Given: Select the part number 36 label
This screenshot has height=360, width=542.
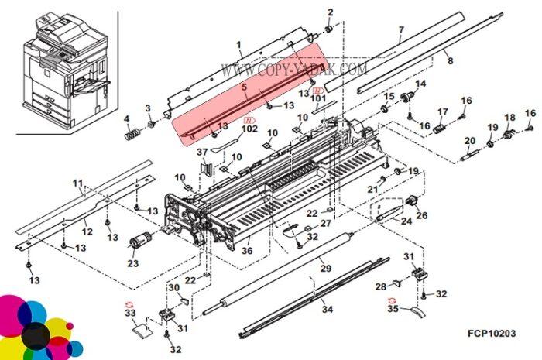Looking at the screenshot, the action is click(247, 250).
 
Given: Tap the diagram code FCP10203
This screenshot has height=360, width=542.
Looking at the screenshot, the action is click(492, 334).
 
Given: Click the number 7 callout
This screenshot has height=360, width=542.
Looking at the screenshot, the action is click(401, 29).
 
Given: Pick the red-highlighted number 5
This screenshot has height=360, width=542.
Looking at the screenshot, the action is click(245, 87).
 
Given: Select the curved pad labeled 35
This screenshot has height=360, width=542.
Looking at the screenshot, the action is click(418, 312).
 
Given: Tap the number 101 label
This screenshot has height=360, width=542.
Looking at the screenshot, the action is click(317, 98).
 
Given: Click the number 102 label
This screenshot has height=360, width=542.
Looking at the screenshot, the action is click(249, 129).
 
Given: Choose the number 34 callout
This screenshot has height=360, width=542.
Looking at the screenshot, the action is click(327, 309).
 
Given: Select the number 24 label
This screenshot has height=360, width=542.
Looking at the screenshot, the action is click(406, 221).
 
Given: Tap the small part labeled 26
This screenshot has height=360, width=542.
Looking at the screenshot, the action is click(412, 201).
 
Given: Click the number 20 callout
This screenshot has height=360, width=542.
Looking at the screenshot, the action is click(469, 141).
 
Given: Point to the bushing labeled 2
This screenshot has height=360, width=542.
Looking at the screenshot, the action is click(329, 29).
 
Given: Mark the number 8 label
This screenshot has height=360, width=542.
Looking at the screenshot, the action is click(450, 61).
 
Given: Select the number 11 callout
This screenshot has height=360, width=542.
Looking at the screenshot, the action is click(77, 183).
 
